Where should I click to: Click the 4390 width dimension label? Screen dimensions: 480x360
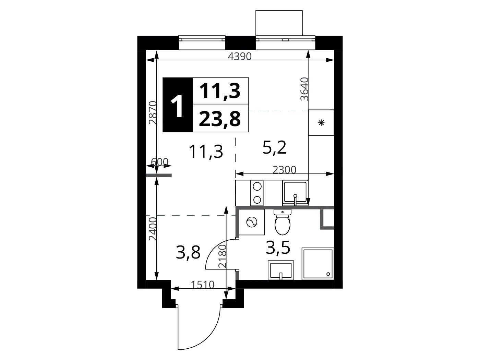coord(240,56)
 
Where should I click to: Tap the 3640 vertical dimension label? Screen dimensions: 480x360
coord(304,89)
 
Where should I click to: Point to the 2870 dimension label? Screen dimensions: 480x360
coord(153,112)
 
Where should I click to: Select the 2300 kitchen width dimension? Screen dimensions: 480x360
coord(284,170)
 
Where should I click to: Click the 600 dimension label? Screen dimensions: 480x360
coord(160,162)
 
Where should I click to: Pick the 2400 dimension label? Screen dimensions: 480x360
coord(153,229)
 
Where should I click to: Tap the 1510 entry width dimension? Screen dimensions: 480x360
coord(203,285)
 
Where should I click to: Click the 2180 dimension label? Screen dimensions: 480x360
coord(222,256)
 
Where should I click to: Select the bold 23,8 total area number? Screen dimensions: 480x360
coord(220,119)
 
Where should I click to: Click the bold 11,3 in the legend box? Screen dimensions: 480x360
coord(220,91)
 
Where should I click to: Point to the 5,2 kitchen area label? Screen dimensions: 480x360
coord(274,147)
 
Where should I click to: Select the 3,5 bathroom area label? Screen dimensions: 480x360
coord(278,248)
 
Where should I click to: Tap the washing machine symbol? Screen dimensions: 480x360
coord(252,222)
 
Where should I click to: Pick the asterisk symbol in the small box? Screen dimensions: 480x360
coord(321,123)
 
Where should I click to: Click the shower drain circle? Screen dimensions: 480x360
coord(328,274)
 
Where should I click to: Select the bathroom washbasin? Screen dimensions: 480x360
coord(281,271)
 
